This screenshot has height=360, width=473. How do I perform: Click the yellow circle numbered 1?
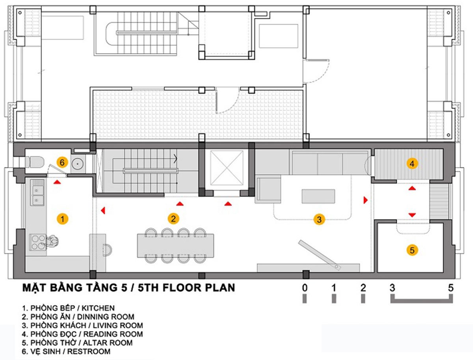(x=63, y=219)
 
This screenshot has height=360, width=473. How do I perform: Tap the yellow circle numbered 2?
(x=173, y=219)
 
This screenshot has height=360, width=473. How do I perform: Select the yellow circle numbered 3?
(x=319, y=220)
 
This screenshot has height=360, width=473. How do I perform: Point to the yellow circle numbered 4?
(x=412, y=164)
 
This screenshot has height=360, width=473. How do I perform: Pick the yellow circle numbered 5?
(x=412, y=250)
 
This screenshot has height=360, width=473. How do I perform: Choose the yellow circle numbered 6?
(x=62, y=162)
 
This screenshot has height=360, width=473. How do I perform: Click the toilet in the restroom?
(x=34, y=162)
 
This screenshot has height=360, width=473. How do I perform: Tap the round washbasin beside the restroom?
(x=77, y=164)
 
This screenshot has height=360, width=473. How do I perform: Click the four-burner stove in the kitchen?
(x=37, y=242)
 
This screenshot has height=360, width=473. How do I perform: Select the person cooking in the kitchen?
(x=52, y=241)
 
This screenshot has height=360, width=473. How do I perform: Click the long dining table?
(x=176, y=246)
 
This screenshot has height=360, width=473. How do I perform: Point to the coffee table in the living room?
(x=318, y=196)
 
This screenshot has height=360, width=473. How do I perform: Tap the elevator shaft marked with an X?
(x=227, y=168)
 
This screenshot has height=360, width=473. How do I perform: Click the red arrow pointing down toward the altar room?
(x=412, y=215)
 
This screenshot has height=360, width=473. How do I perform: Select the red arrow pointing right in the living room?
(x=365, y=200)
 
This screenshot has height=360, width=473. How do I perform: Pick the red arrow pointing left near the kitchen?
(x=103, y=210)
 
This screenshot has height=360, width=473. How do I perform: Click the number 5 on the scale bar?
(x=451, y=288)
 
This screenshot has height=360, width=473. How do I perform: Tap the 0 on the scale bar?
(x=304, y=288)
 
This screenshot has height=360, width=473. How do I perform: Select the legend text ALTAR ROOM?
(x=108, y=343)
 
